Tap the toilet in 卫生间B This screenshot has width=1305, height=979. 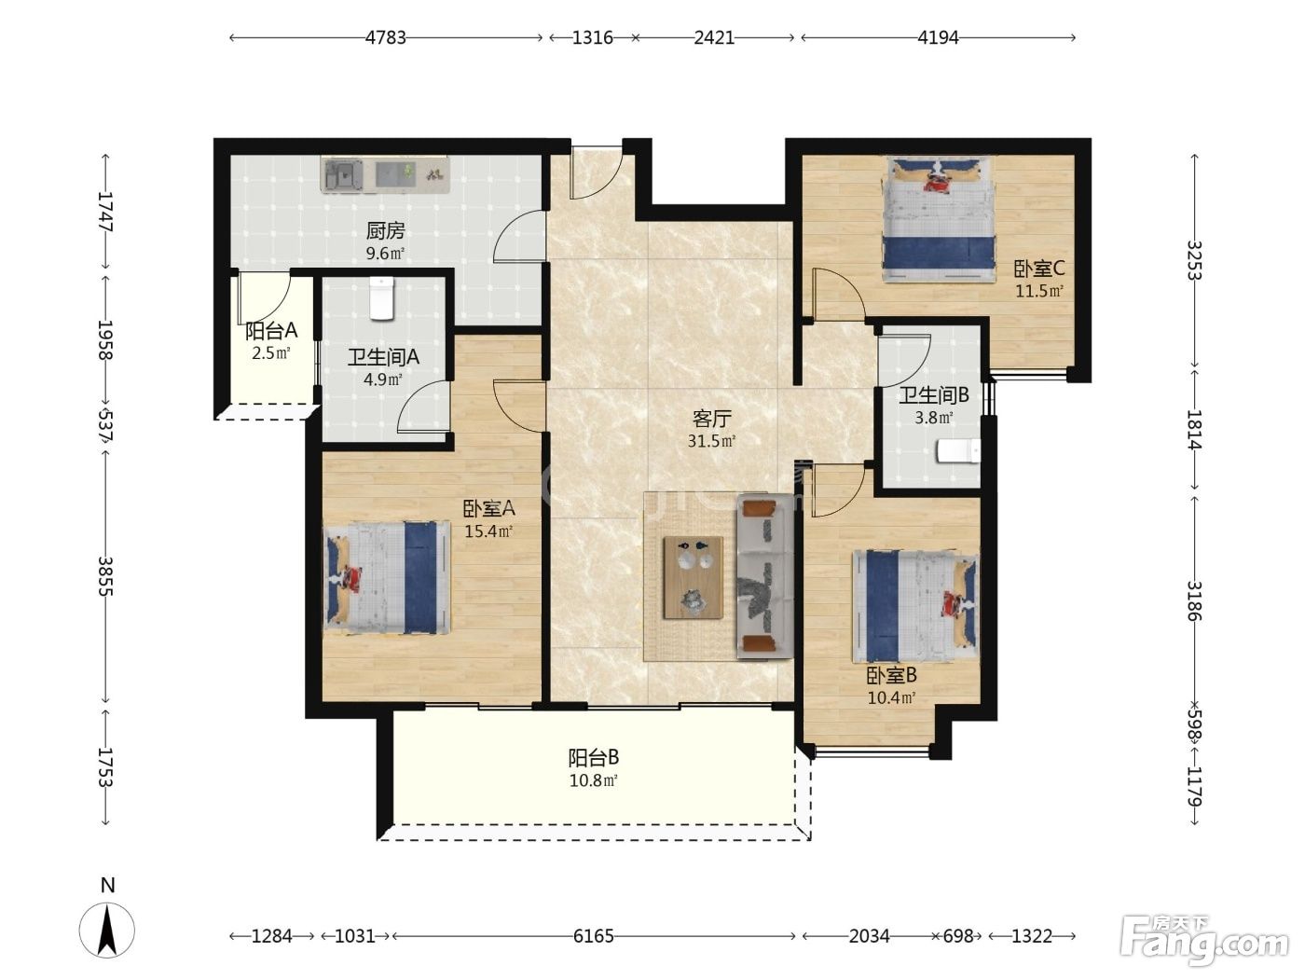point(958,450)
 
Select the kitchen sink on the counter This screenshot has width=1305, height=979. point(343,174)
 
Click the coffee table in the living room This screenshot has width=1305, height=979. point(694,577)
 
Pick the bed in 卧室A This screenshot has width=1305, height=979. point(387,577)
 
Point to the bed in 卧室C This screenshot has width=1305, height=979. point(939,219)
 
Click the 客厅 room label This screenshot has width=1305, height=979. point(711,419)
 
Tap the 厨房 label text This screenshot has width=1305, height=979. point(385,230)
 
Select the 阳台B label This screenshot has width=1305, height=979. point(594,758)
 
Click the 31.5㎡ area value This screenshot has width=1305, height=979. point(711,441)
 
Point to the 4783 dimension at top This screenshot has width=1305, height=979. point(385,37)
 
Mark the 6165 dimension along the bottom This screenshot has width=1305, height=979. point(594,936)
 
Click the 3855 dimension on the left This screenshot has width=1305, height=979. point(105,576)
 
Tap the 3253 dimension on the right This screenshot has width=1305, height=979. point(1195,260)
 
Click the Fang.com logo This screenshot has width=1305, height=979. point(1204,942)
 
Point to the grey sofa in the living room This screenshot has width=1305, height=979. point(765,576)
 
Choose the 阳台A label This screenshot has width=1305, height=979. point(271,330)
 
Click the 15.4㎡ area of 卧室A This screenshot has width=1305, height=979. point(488,531)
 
